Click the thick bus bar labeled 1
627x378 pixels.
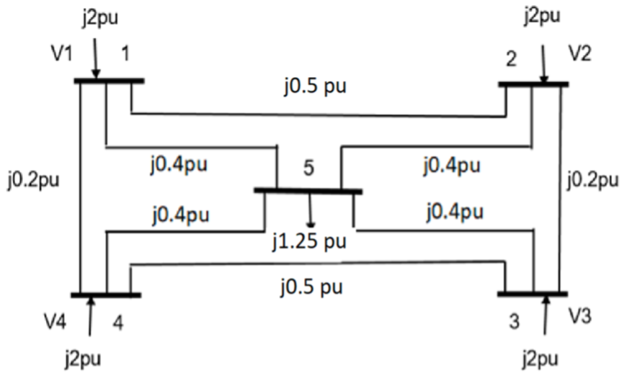tap(109, 81)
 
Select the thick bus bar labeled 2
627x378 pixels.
tap(533, 84)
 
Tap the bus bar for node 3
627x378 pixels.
tap(533, 293)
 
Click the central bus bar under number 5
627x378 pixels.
tap(308, 191)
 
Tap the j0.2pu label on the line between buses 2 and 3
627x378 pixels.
tap(593, 179)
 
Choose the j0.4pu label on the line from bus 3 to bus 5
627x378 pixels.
tap(454, 212)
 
